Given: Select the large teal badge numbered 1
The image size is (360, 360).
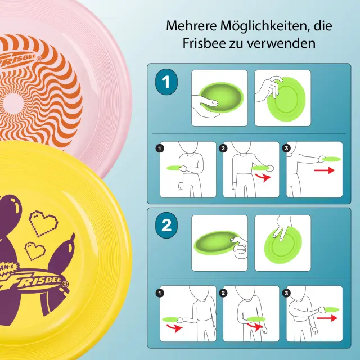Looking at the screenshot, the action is [166, 82].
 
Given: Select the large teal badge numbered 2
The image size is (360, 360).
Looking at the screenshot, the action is [166, 225].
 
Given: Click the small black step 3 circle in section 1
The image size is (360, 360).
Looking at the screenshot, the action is [286, 148].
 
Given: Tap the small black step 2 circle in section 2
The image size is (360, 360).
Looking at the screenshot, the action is [223, 293].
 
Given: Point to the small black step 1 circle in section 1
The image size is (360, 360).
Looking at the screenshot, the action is [160, 148].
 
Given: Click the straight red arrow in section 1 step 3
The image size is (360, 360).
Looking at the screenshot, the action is [324, 170].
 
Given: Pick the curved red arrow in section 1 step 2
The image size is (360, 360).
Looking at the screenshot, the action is [264, 177].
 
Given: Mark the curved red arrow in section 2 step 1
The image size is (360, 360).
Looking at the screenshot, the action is [174, 327].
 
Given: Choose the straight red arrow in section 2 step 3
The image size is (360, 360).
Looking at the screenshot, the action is [327, 318].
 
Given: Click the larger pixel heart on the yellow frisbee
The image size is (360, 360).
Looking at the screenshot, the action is [43, 223].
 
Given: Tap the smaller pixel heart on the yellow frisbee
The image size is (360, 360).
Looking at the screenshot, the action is [35, 251].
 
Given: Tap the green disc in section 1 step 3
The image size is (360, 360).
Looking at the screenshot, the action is [331, 159].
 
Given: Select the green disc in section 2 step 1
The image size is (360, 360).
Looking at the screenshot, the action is [170, 319].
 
